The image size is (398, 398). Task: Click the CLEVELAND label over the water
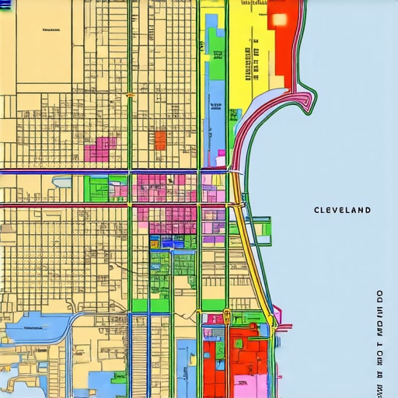click(x=342, y=210)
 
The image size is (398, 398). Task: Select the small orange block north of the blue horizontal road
click(x=160, y=140)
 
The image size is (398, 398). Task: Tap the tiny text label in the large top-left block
click(x=52, y=30)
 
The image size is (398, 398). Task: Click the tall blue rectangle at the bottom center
click(x=184, y=365)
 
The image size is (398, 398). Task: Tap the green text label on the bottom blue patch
click(x=33, y=328)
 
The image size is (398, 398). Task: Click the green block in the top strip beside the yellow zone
click(x=215, y=47)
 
